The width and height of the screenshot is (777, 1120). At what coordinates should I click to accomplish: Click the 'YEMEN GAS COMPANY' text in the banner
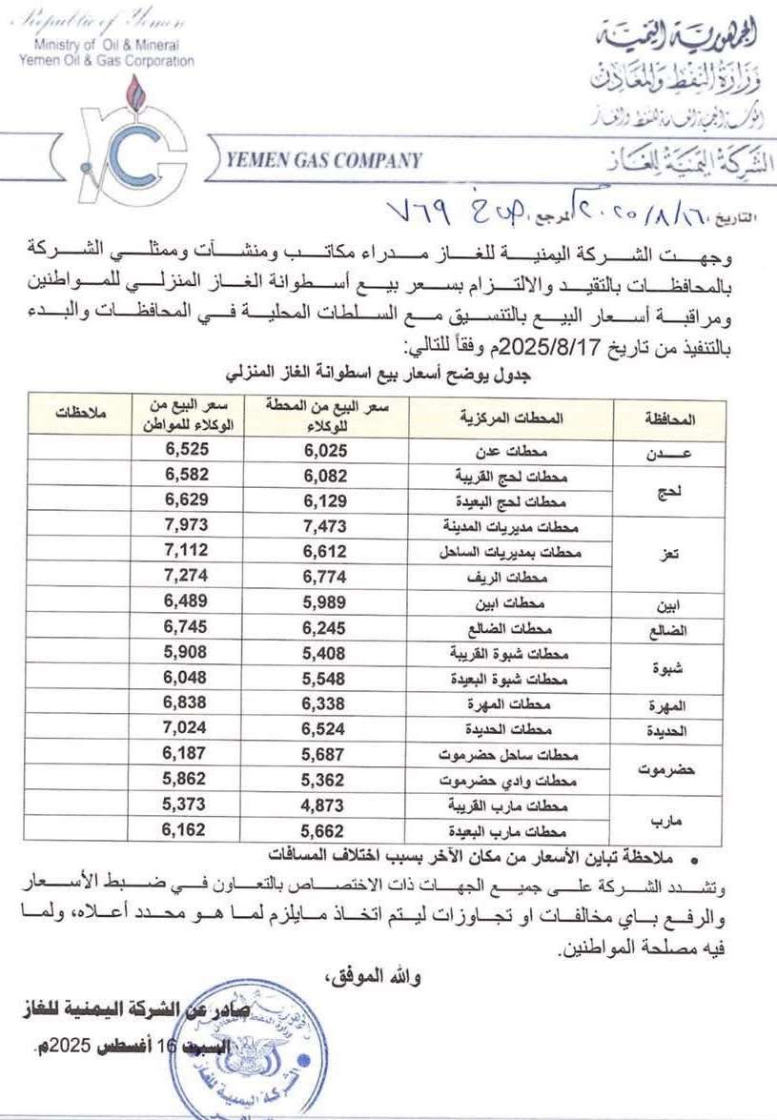tap(325, 161)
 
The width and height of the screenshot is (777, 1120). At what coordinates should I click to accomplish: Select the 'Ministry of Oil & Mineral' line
tap(106, 45)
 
